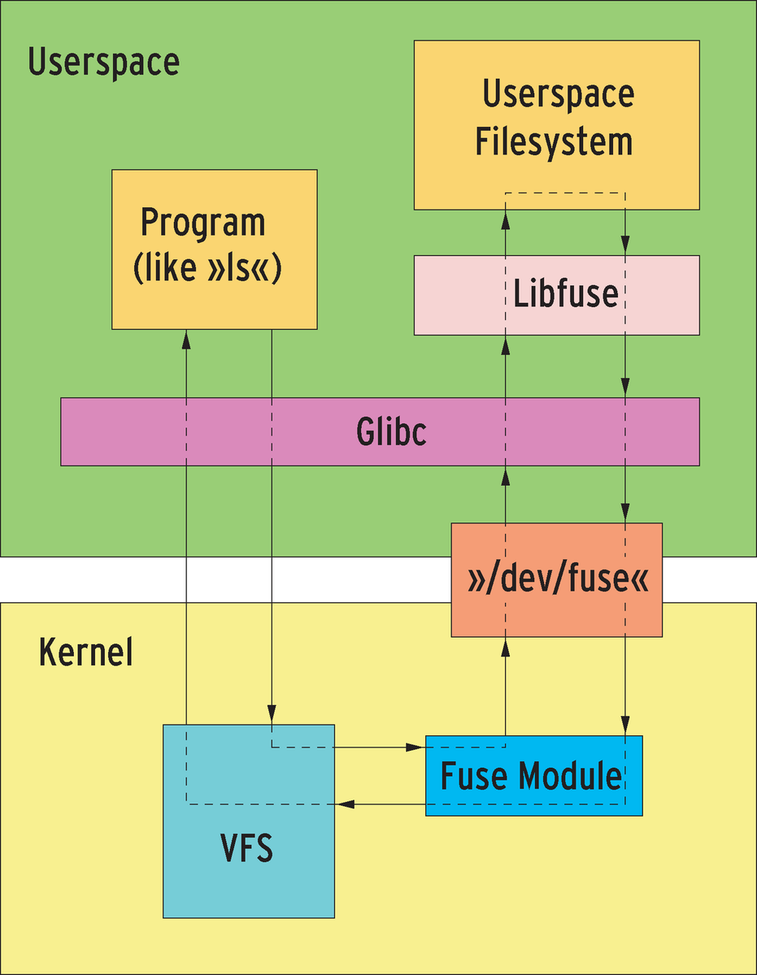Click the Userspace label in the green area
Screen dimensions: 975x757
103,63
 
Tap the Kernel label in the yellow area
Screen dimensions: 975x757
85,653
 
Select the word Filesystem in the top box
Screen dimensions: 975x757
554,141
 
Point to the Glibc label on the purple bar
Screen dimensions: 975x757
391,432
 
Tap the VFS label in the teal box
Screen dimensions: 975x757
247,849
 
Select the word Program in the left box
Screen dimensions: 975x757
203,222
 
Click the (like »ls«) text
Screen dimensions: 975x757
207,269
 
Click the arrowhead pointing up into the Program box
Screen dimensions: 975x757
187,338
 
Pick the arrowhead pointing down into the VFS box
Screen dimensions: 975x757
271,715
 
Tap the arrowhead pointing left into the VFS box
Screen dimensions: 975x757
345,804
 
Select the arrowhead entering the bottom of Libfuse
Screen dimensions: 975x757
505,344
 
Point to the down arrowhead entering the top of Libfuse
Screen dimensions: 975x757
624,246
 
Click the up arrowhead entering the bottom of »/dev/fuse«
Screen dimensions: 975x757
505,646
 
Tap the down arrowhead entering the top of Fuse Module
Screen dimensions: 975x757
624,726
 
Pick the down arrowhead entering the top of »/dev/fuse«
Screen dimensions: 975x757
624,513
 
